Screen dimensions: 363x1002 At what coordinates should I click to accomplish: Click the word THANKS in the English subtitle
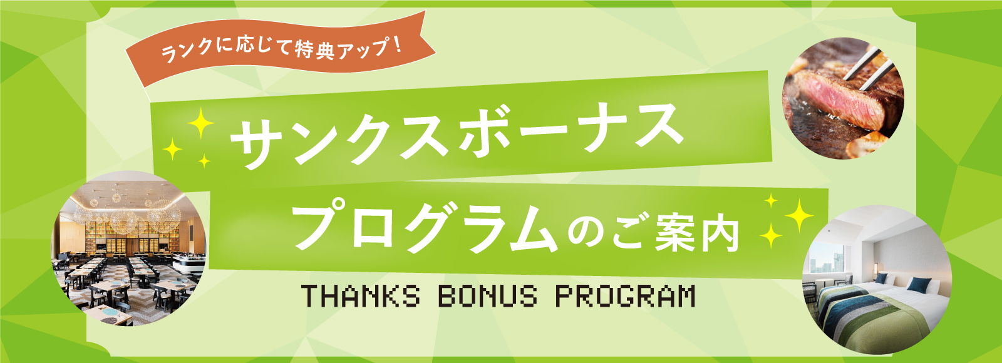pos(361,296)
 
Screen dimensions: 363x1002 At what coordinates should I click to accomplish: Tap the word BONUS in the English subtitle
pos(487,296)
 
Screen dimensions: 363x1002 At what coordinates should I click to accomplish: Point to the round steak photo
pos(843,97)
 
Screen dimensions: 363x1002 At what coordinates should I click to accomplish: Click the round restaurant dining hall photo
pos(128,248)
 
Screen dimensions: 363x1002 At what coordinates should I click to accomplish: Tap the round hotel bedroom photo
pos(877,279)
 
